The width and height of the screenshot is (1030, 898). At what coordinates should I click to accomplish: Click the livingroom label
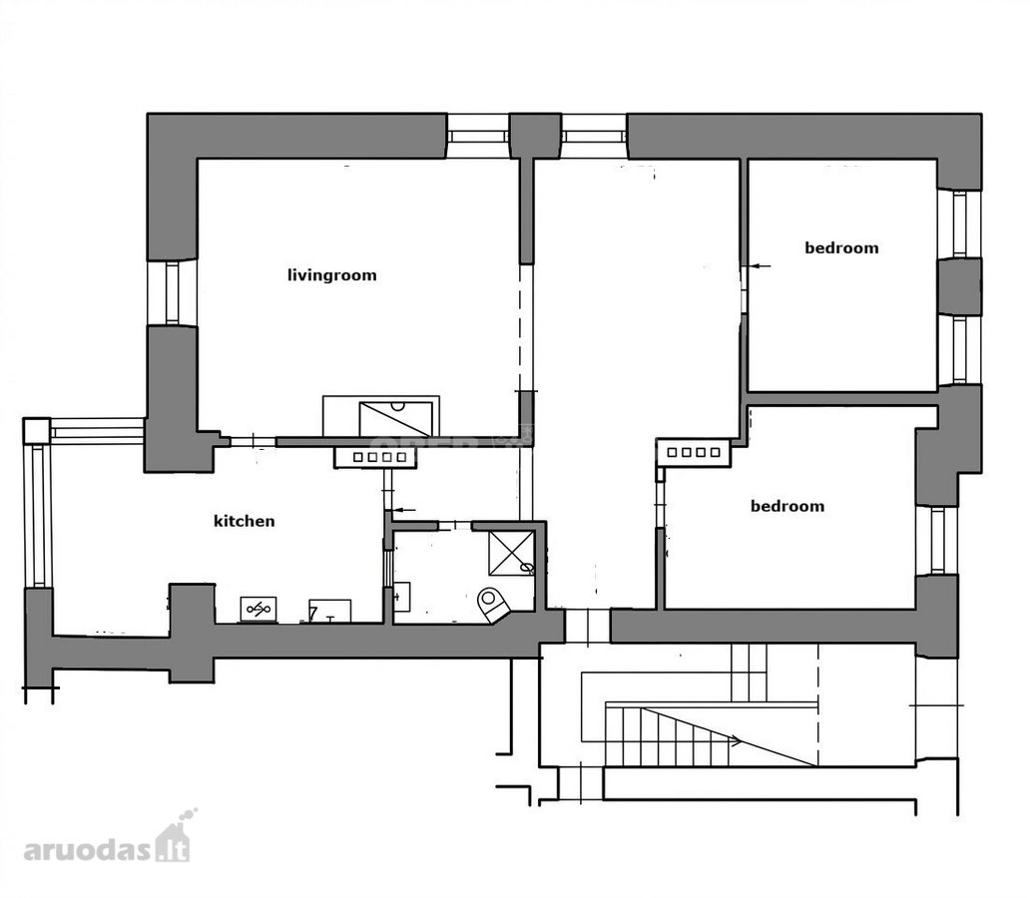tap(331, 275)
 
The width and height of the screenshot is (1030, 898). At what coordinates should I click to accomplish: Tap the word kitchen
tap(245, 521)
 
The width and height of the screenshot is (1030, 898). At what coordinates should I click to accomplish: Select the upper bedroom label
tap(841, 247)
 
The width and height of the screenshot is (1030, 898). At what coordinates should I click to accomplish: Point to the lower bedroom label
tap(786, 506)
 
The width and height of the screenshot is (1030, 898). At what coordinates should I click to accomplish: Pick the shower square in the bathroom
tap(510, 553)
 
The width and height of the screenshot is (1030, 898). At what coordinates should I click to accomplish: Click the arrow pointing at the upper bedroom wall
tap(760, 266)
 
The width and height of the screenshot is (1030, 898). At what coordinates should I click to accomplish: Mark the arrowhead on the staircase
tap(735, 741)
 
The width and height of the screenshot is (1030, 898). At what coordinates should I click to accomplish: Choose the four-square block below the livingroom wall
tap(375, 457)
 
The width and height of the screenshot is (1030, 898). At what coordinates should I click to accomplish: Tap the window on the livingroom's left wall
tap(172, 293)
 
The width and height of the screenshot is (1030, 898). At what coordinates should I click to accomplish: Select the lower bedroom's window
tap(937, 540)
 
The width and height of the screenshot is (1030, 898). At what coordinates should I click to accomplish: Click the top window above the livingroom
tap(479, 136)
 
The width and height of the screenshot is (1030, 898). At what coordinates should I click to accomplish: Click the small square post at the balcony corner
tap(37, 431)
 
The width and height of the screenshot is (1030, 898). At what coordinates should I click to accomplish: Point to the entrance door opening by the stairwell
tap(587, 626)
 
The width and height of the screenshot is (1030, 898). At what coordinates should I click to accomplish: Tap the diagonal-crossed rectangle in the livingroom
tap(395, 419)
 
